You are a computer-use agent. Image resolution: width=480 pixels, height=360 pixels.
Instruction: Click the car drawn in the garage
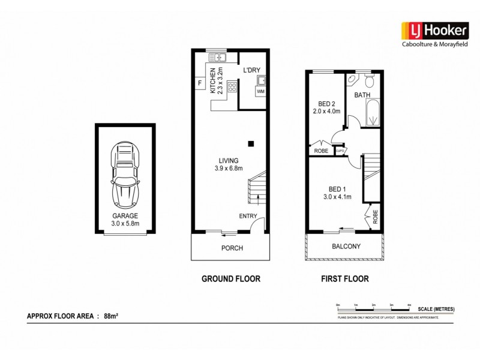[x=125, y=174]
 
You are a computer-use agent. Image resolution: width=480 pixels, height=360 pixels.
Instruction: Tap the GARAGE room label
[x=125, y=215]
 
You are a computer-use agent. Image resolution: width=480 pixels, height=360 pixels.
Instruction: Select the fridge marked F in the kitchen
[x=199, y=83]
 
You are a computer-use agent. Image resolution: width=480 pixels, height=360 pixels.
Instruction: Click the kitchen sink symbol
[x=217, y=58]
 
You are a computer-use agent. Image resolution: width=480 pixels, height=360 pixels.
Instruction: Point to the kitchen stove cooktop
[x=232, y=88]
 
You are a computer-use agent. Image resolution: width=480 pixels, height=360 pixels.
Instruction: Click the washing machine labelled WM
[x=260, y=91]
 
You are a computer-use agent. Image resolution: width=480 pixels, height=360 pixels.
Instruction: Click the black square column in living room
[x=251, y=143]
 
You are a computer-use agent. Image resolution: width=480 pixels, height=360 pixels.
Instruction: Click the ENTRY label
[x=248, y=216]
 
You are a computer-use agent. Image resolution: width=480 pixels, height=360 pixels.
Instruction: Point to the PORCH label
[x=232, y=248]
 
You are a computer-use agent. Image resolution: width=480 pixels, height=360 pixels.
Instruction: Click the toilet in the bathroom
[x=368, y=80]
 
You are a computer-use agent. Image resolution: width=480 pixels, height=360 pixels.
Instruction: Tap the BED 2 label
[x=326, y=103]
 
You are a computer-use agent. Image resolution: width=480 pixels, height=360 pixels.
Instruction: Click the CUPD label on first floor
[x=340, y=151]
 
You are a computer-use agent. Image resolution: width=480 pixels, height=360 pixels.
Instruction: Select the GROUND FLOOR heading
[x=230, y=279]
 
